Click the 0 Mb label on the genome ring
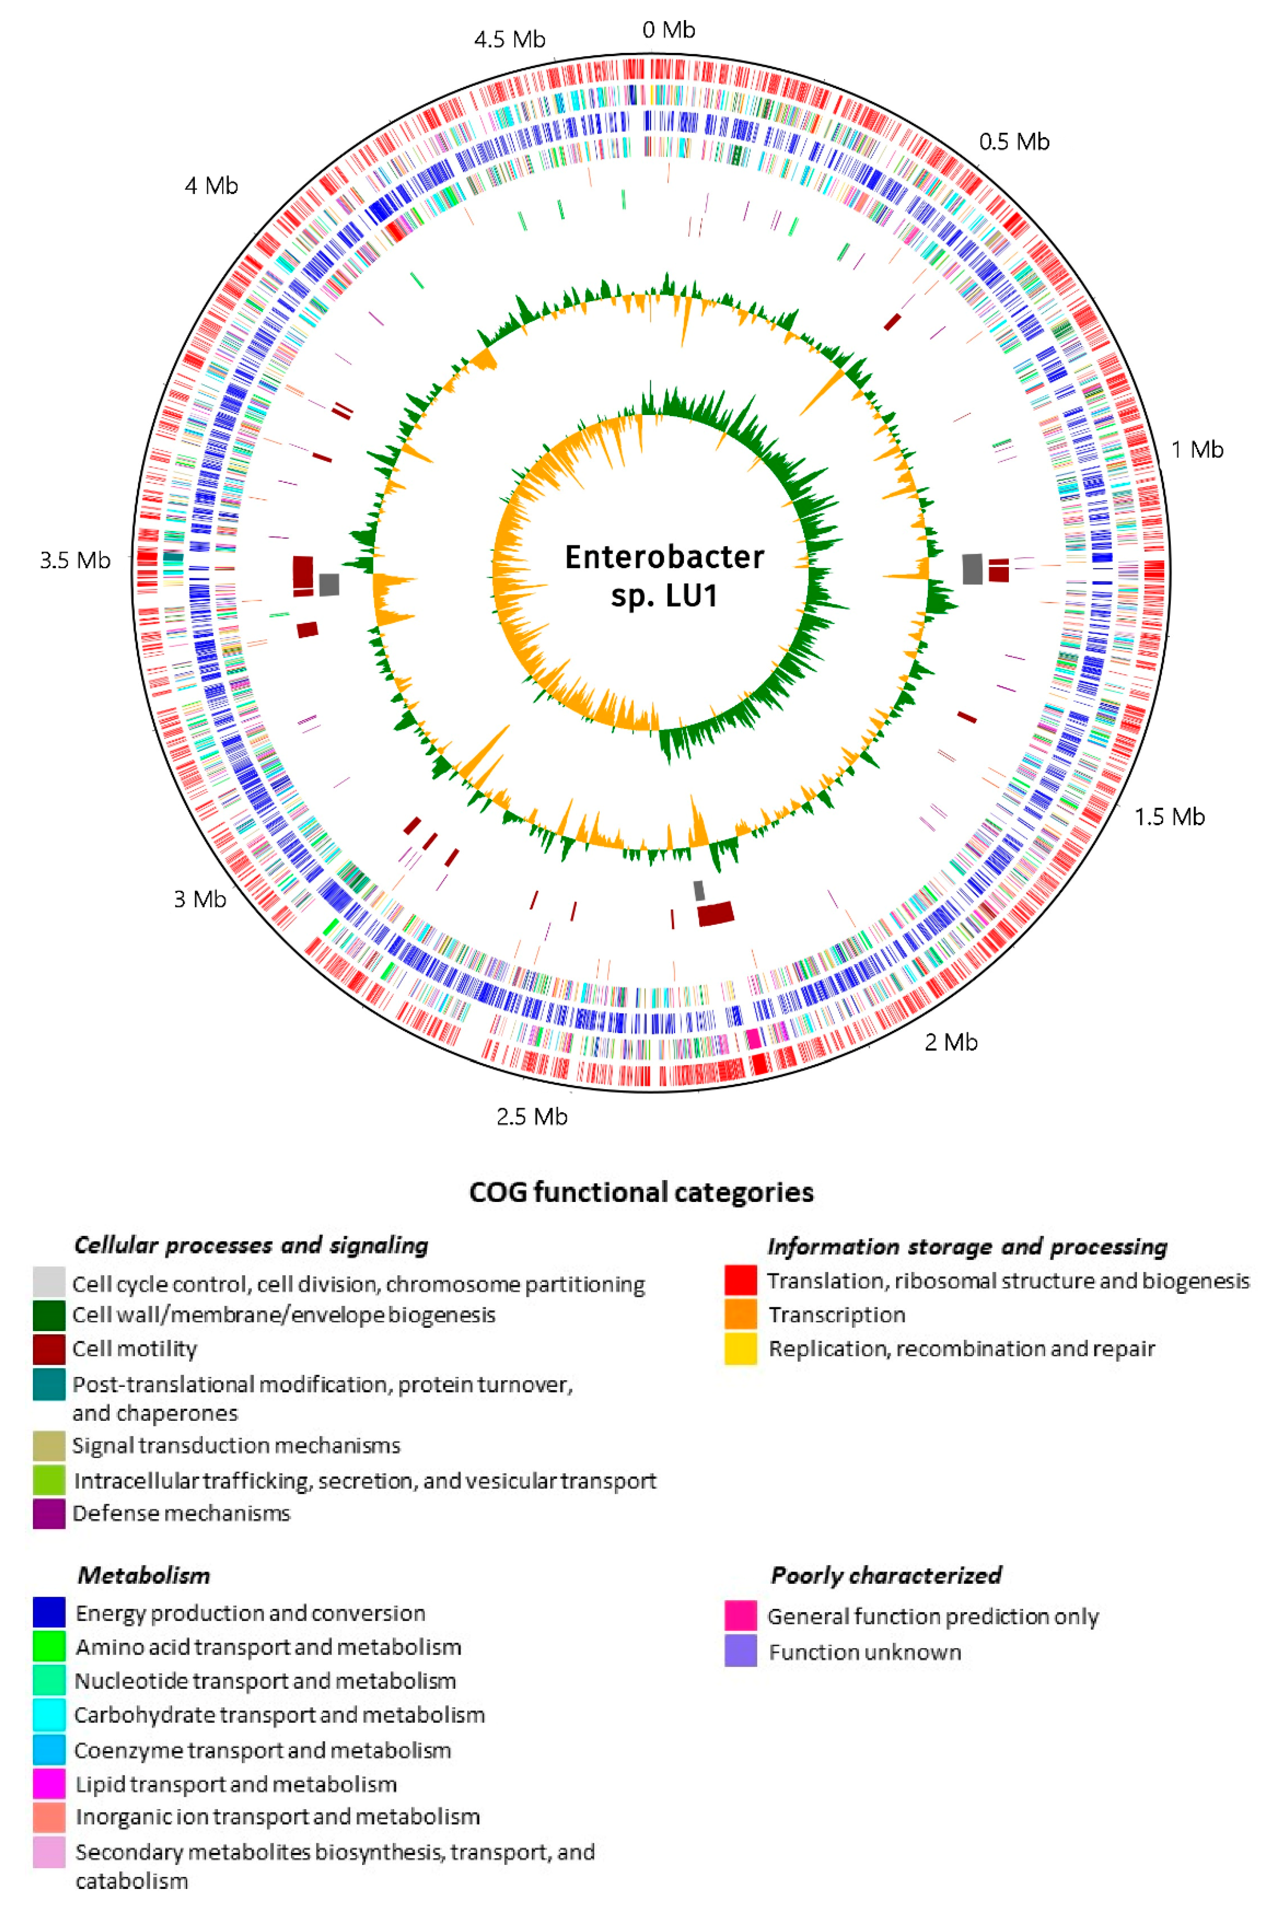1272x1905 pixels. pos(668,30)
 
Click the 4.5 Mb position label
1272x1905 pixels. pos(509,39)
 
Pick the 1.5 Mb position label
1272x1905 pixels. pos(1169,817)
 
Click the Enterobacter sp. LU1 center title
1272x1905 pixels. pos(664,576)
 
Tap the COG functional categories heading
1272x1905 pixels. pos(641,1192)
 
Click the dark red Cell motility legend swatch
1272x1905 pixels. pos(49,1349)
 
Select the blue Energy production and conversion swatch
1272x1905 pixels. pos(49,1612)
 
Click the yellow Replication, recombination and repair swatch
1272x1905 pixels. pos(740,1349)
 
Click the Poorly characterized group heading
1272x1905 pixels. pos(886,1575)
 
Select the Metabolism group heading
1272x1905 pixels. pos(144,1575)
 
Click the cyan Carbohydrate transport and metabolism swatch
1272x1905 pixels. pos(49,1714)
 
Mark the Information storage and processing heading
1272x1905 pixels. pos(967,1246)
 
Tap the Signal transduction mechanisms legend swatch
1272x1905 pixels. pos(49,1445)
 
